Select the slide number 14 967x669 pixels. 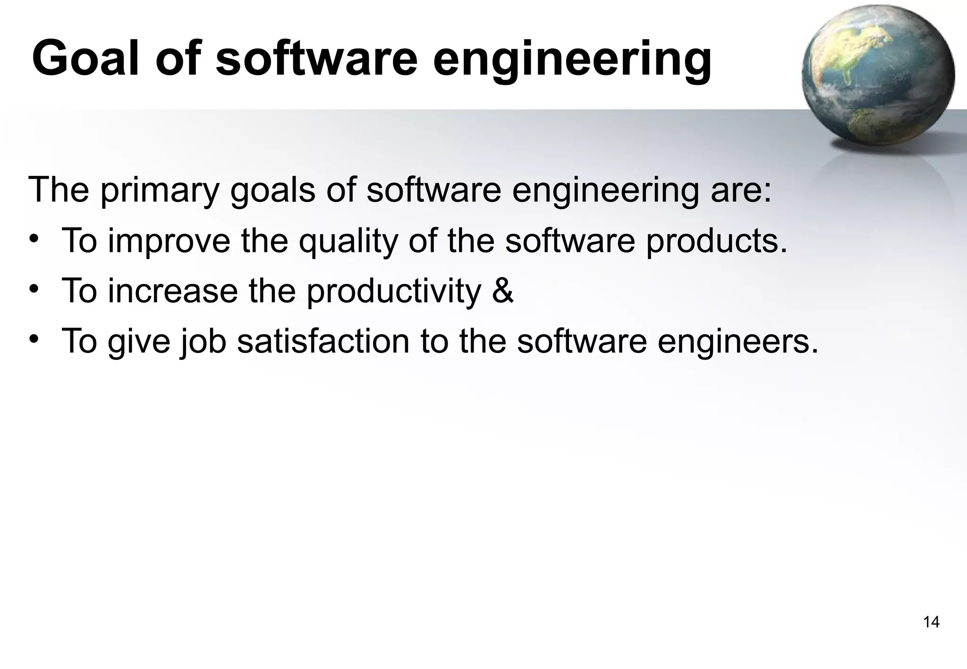931,622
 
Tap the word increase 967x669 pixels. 173,292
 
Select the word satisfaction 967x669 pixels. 323,341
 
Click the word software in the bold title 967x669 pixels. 317,59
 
